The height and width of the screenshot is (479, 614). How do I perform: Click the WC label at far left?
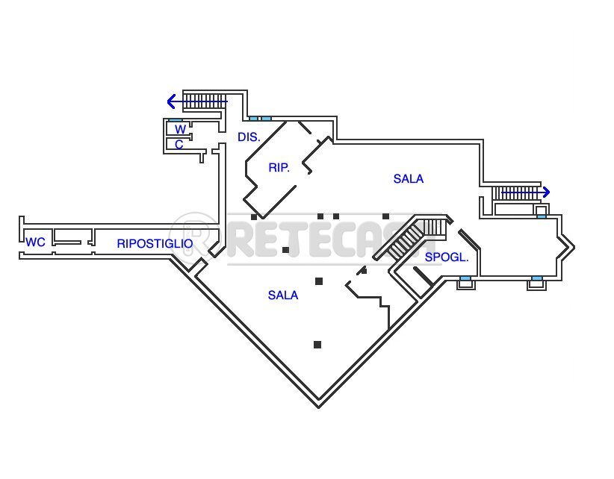coord(35,242)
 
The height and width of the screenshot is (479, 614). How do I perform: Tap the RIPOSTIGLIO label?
coord(155,244)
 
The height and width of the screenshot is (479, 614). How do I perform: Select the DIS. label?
coord(249,137)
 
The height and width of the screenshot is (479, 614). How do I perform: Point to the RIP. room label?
coord(279,168)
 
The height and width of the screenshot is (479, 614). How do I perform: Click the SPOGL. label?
coord(447,257)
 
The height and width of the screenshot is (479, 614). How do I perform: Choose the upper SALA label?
coord(409,179)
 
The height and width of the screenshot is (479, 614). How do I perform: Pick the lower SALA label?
coord(283,295)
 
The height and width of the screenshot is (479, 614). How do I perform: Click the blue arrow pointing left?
coord(173,101)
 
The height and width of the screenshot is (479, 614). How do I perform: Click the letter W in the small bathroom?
coord(180,130)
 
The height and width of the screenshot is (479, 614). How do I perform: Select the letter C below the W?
coord(179,145)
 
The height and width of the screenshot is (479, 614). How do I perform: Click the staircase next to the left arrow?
coord(205,100)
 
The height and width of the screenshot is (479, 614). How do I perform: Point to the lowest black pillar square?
coord(317,345)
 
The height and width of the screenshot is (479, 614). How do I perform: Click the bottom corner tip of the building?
coord(319,405)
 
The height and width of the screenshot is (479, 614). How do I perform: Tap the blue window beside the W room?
coord(176,120)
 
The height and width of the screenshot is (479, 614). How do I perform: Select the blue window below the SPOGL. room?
coord(465,280)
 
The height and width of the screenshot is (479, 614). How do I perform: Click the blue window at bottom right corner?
coord(536,280)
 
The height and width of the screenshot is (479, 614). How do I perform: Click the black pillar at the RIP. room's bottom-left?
coord(254,216)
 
